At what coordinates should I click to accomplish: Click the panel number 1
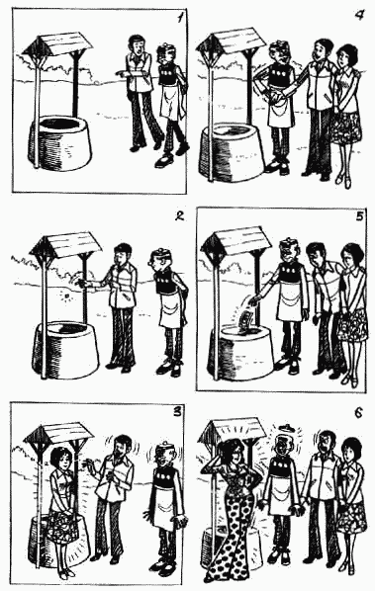tap(181, 18)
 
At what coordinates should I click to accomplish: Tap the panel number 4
tap(360, 16)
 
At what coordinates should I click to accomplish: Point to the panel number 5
tap(359, 216)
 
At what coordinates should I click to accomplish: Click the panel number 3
tap(176, 411)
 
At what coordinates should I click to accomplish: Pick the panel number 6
tap(359, 413)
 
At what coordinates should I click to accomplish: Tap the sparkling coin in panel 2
tap(67, 296)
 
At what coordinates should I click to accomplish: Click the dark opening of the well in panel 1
tap(60, 124)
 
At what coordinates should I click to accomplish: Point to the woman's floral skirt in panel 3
tap(63, 523)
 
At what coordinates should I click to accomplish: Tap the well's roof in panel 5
tap(236, 240)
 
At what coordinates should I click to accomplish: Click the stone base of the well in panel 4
tap(234, 151)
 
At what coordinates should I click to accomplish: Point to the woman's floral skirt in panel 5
tap(352, 326)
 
